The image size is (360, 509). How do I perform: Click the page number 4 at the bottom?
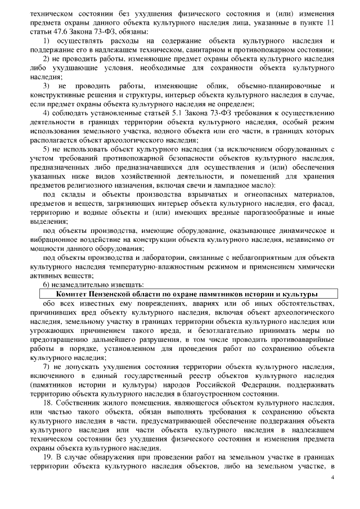click(x=333, y=477)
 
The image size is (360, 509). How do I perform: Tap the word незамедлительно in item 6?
click(x=84, y=285)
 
